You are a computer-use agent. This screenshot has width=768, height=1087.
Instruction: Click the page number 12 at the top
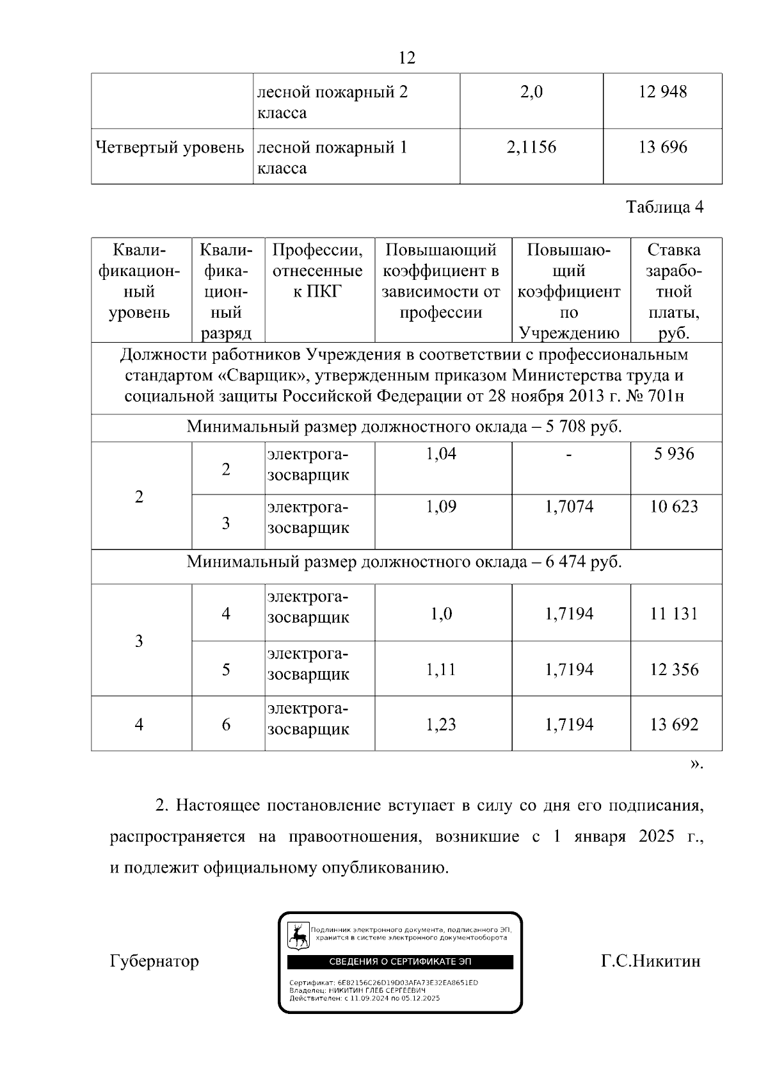tap(406, 58)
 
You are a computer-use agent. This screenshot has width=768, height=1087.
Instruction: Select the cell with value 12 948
tap(662, 92)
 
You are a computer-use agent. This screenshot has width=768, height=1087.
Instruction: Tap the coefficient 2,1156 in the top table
tap(531, 148)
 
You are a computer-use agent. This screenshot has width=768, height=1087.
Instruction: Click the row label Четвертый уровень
tap(170, 148)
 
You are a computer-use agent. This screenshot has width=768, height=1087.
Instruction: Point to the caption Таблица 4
tap(664, 208)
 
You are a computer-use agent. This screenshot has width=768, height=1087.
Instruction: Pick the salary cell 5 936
tap(674, 454)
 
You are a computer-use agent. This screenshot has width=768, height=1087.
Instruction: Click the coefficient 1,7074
tap(569, 507)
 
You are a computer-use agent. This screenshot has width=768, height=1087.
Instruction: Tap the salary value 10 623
tap(674, 507)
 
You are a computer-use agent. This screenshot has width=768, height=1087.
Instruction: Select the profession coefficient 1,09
tap(441, 507)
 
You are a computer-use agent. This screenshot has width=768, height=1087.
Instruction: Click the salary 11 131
tap(674, 614)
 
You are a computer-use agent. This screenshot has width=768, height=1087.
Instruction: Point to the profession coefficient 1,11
tap(441, 670)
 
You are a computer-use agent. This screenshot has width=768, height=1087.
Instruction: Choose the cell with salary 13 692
tap(674, 725)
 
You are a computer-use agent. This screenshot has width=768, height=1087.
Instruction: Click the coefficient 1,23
tap(441, 725)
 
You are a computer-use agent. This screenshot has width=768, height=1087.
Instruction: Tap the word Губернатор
tap(154, 961)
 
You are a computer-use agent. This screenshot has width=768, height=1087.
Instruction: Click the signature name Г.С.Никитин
tap(650, 961)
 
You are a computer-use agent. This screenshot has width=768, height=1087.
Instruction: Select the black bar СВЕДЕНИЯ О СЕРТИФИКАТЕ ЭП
tap(400, 962)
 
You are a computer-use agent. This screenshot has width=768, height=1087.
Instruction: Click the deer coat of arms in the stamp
tap(298, 936)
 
